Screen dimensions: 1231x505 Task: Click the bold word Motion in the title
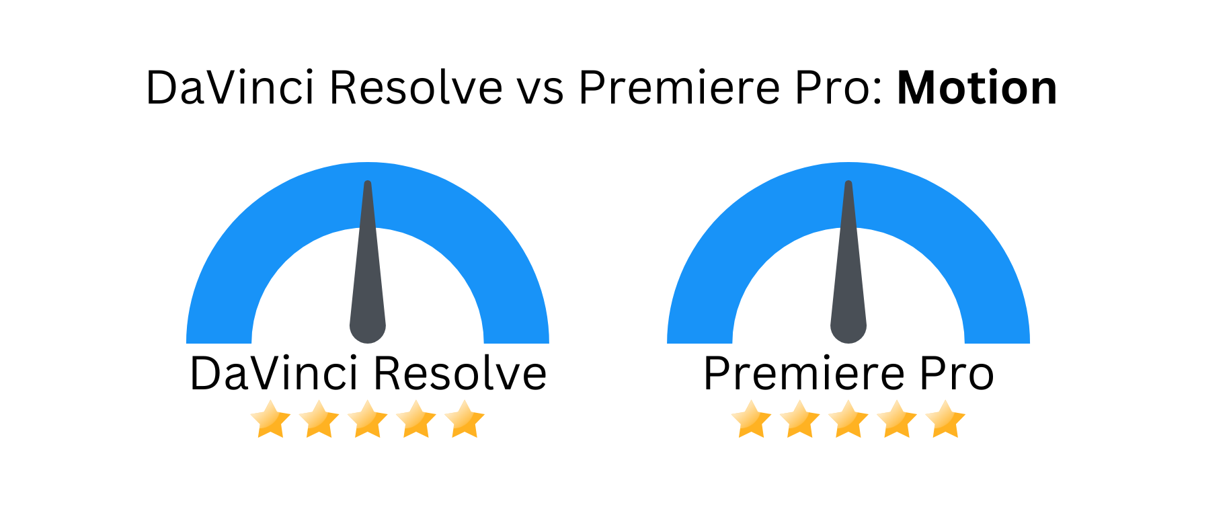[977, 88]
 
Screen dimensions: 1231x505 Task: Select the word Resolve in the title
[416, 88]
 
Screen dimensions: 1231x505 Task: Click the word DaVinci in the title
[230, 88]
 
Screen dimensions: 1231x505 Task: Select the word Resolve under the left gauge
[460, 373]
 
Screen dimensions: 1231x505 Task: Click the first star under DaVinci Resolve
[270, 419]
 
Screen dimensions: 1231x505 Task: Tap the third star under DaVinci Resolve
[367, 419]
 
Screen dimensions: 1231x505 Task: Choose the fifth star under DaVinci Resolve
[465, 419]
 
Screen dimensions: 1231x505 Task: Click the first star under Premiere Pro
[751, 419]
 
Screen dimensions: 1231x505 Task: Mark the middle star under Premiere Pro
[848, 419]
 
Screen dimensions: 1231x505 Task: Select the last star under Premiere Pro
[945, 419]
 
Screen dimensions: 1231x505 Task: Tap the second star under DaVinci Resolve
[319, 419]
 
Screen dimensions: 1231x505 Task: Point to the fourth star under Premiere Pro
[897, 419]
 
